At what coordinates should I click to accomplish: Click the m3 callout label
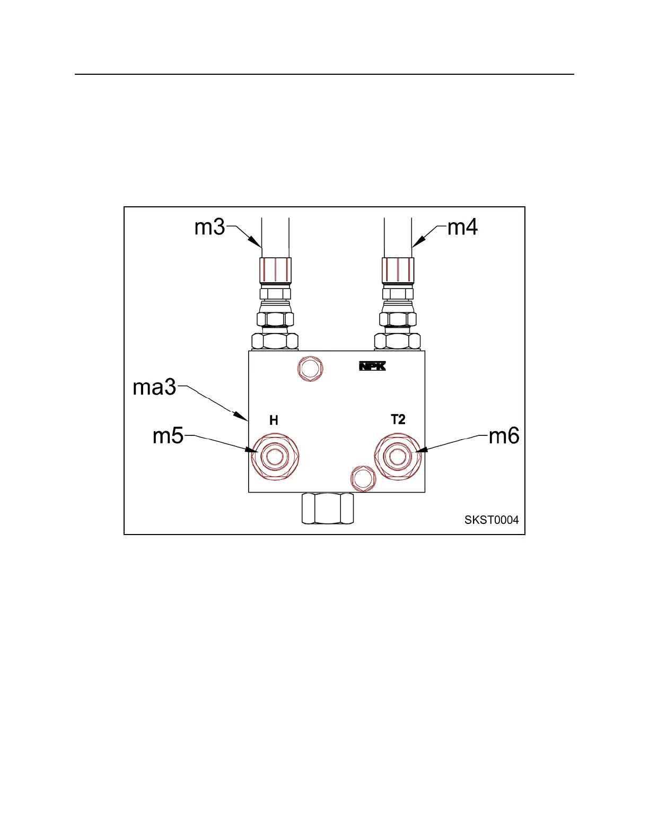tap(210, 227)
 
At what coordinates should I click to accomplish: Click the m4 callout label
tap(463, 227)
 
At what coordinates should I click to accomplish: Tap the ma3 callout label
tap(154, 388)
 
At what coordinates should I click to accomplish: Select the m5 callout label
tap(168, 436)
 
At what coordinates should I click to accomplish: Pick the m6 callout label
tap(504, 436)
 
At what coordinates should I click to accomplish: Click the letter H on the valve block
tap(274, 421)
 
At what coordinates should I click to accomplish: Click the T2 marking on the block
tap(398, 419)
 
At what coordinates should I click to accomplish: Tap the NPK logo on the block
tap(373, 366)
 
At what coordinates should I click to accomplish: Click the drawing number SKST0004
tap(492, 520)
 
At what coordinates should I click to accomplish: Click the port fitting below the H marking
tap(275, 457)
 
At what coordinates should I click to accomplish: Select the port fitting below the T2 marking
tap(398, 456)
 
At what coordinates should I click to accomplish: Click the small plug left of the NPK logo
tap(310, 369)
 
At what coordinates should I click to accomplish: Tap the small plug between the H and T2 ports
tap(363, 478)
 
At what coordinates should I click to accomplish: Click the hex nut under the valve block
tap(327, 509)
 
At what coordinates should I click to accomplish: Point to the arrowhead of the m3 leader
tap(258, 244)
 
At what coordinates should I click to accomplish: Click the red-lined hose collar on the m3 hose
tap(275, 270)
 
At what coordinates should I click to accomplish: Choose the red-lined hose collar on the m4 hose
tap(398, 270)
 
